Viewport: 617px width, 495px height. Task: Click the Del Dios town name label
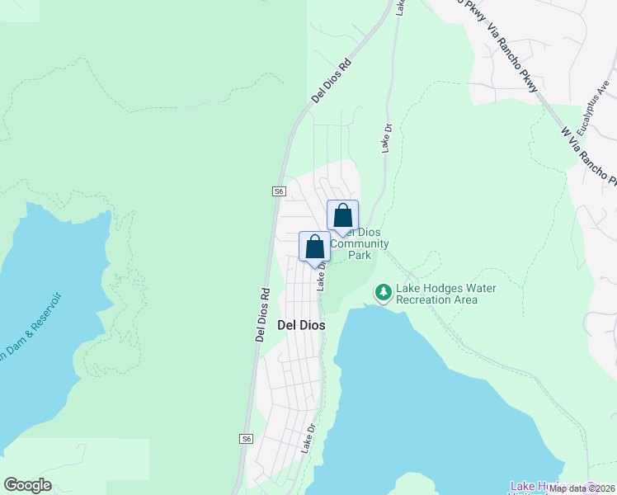click(x=301, y=325)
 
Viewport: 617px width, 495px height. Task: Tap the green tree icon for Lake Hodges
click(x=383, y=292)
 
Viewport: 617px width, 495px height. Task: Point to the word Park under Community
click(x=360, y=255)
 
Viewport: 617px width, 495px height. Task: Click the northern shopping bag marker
click(x=342, y=216)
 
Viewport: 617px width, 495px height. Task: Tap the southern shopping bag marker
click(x=314, y=246)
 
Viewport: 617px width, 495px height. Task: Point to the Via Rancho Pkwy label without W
click(x=513, y=59)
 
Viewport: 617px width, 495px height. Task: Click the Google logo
click(x=28, y=485)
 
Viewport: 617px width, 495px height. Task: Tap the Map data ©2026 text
click(x=582, y=488)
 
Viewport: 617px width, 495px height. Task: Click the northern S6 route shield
click(x=279, y=191)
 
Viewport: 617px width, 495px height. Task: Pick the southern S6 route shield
click(x=246, y=440)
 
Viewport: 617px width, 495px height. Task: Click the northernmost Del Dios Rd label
click(x=332, y=79)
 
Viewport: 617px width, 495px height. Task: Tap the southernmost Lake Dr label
click(x=308, y=438)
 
